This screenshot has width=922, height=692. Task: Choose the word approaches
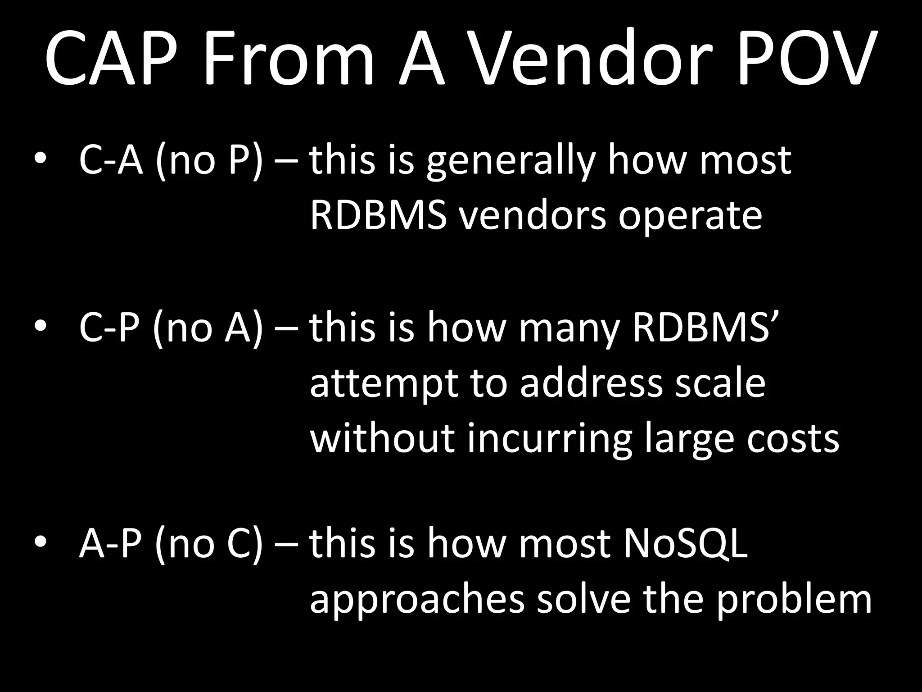click(417, 601)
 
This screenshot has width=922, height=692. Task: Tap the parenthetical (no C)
click(208, 544)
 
